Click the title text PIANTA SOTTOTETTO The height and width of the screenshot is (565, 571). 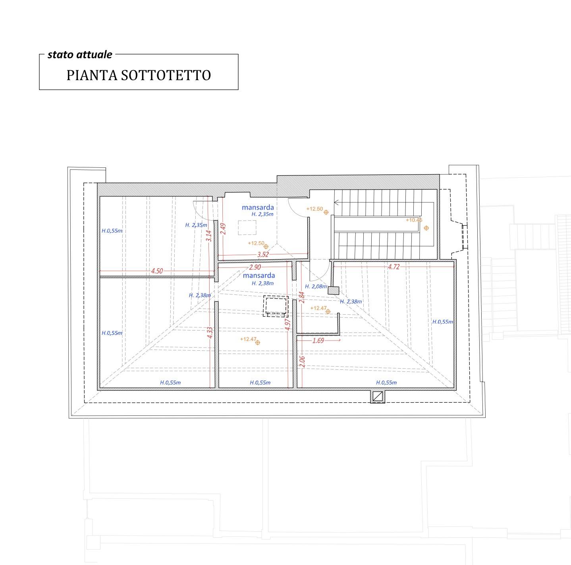click(x=139, y=75)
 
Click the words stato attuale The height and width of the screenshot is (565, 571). click(x=80, y=55)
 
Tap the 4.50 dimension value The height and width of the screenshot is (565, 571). click(x=157, y=271)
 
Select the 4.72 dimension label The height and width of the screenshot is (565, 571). click(x=394, y=267)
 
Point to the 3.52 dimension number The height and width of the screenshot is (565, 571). click(x=263, y=254)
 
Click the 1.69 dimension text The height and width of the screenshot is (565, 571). click(x=318, y=340)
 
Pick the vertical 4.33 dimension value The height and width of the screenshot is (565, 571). click(x=210, y=333)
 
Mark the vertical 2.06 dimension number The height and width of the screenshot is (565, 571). click(x=302, y=361)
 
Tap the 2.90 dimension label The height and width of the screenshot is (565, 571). click(x=255, y=267)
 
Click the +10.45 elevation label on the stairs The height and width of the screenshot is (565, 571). click(x=414, y=220)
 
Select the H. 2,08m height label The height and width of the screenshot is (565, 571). click(x=316, y=286)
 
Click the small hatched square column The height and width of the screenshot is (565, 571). click(x=334, y=290)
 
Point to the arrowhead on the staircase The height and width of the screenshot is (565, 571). click(x=336, y=202)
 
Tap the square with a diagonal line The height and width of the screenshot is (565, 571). click(x=378, y=396)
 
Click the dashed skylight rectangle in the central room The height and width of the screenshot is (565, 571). click(x=276, y=306)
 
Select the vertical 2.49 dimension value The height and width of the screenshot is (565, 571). click(x=224, y=229)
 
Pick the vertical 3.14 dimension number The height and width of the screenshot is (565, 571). click(x=209, y=236)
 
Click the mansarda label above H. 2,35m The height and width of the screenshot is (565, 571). click(x=258, y=207)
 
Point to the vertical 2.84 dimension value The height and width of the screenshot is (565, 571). click(x=302, y=297)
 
